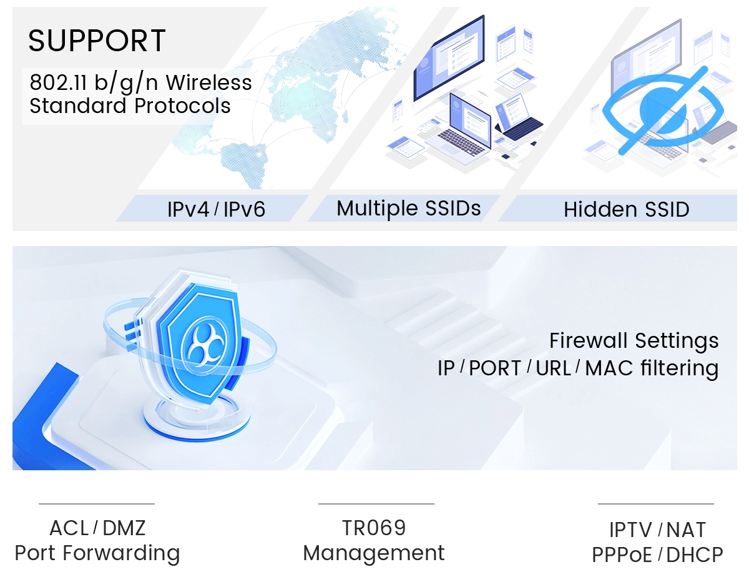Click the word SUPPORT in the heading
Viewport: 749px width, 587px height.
point(97,41)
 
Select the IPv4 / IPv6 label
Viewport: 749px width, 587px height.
point(216,209)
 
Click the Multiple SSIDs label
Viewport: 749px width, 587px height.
point(409,208)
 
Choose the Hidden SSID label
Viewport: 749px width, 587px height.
point(626,209)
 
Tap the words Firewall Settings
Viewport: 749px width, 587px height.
point(634,341)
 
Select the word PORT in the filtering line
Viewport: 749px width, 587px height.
point(495,368)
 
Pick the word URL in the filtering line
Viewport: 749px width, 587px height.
point(553,368)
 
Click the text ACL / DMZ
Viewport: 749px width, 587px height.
point(97,528)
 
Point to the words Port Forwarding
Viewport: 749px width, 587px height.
point(97,553)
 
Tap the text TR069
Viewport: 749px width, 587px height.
point(374,528)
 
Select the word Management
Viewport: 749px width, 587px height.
point(374,553)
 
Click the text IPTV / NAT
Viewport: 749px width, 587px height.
point(657,530)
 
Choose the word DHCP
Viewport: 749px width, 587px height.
point(695,555)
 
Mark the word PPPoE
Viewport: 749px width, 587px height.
point(622,555)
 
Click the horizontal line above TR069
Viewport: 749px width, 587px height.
point(376,504)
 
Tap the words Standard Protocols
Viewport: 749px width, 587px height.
point(130,106)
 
